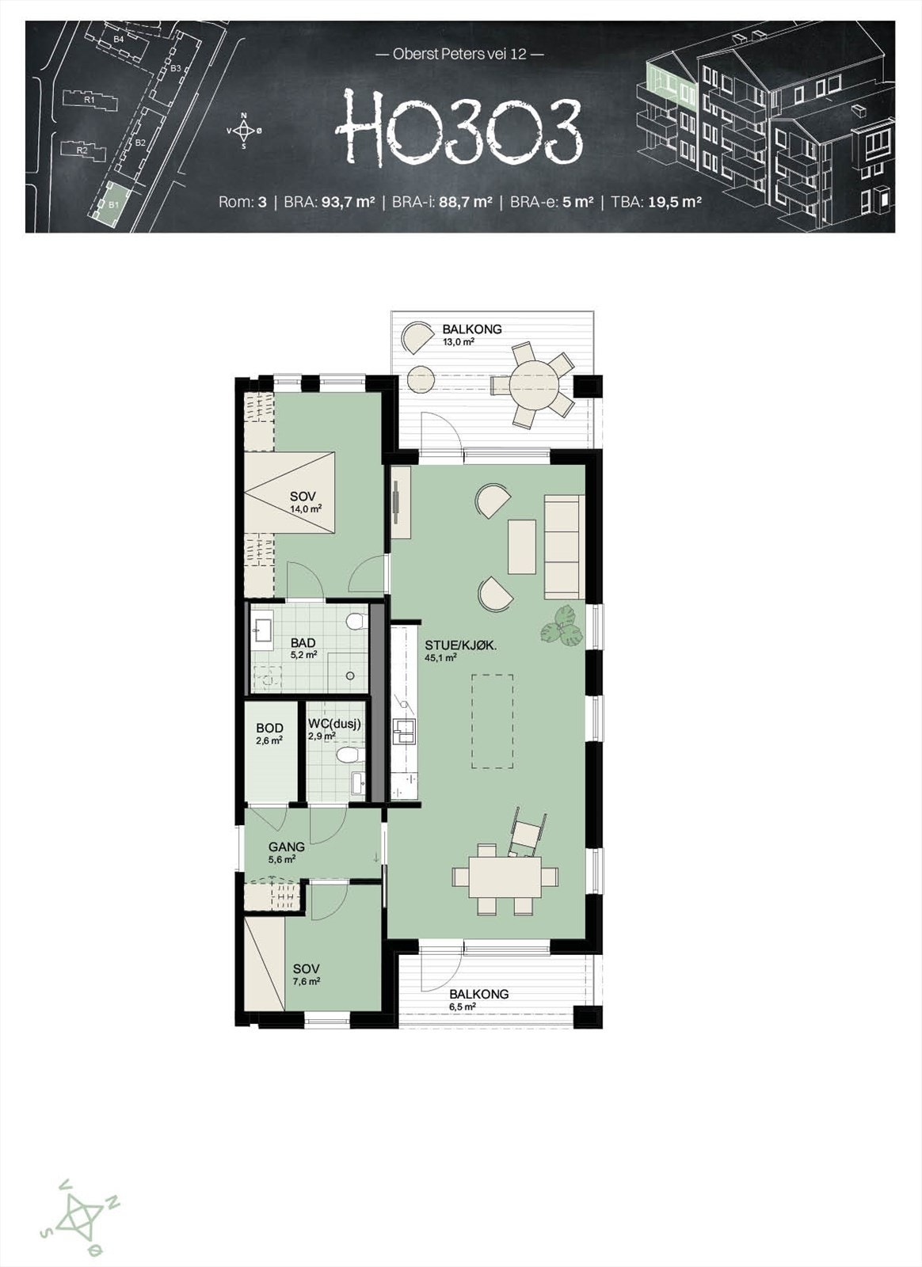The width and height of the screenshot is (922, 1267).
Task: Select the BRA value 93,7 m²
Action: click(x=346, y=202)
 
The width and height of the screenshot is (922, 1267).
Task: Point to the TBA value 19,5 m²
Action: click(x=675, y=202)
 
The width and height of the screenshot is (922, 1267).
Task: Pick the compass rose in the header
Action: click(x=244, y=131)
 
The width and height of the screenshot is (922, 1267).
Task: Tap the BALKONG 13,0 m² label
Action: click(x=471, y=335)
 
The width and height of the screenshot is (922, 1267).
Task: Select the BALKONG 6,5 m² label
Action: click(x=478, y=999)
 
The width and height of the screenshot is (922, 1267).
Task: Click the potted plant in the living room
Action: click(x=564, y=626)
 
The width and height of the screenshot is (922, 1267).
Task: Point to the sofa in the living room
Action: click(x=564, y=546)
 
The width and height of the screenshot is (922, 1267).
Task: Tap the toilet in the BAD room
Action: click(x=357, y=620)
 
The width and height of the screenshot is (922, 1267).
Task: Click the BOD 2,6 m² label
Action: click(x=269, y=734)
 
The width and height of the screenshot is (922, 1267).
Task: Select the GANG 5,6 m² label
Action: click(x=285, y=851)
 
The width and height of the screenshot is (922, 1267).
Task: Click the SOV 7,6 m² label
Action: click(x=306, y=975)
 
